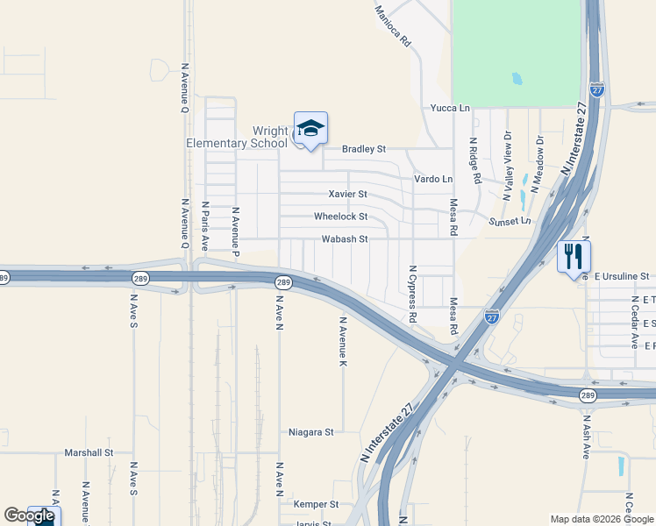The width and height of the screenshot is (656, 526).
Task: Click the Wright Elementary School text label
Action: tap(236, 138)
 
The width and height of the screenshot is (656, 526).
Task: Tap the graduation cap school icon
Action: tap(310, 130)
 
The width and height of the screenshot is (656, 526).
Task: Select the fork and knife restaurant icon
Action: tap(574, 256)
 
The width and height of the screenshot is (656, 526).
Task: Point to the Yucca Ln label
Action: tap(450, 108)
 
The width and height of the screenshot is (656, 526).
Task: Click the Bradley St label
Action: tap(364, 149)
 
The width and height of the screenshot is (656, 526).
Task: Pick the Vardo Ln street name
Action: tap(433, 179)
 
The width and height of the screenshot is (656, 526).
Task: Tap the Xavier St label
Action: tap(347, 194)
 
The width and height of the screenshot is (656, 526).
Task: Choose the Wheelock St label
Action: tap(340, 217)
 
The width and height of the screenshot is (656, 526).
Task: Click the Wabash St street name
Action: tap(343, 238)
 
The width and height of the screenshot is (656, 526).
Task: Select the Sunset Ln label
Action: tap(510, 222)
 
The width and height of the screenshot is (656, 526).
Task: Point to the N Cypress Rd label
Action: tap(411, 293)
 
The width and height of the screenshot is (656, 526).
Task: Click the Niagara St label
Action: tap(311, 432)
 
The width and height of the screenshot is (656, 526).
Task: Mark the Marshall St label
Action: tap(89, 453)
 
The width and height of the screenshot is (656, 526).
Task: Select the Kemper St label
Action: tap(317, 504)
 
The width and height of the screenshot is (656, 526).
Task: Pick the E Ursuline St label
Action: tap(620, 276)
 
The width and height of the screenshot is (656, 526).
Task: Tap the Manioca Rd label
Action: tap(392, 25)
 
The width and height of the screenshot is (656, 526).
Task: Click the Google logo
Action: tap(29, 515)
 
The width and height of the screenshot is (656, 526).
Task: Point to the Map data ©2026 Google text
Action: tap(601, 519)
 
